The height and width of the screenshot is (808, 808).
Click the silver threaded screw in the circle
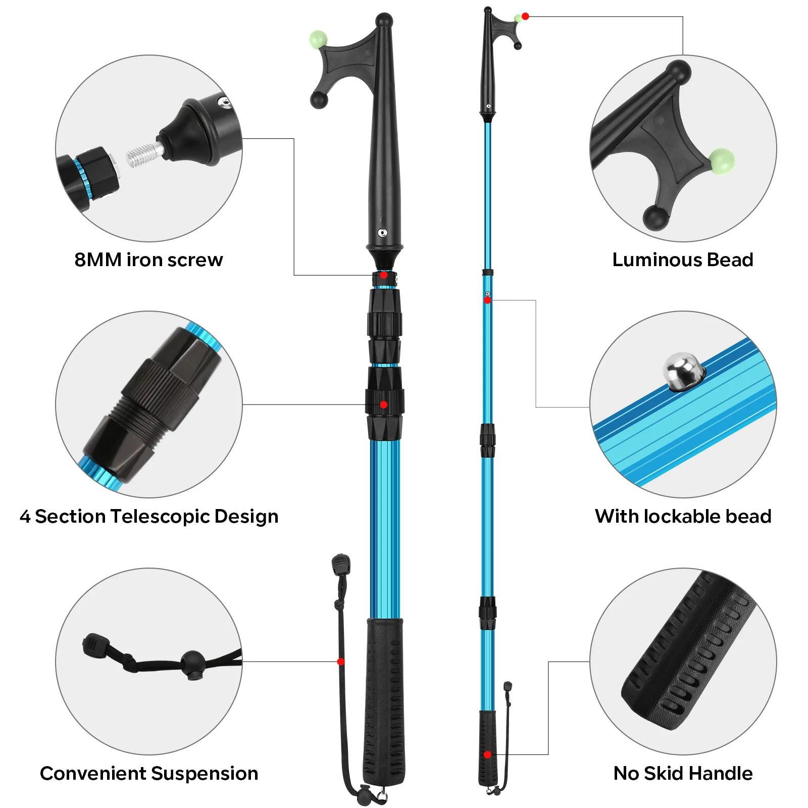(144, 155)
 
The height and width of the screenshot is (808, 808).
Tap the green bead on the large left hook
(318, 39)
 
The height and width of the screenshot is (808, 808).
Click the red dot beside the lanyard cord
(341, 662)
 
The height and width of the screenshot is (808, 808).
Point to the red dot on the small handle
(487, 754)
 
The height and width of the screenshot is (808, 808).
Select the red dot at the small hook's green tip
(525, 17)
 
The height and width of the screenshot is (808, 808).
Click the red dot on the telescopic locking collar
(384, 405)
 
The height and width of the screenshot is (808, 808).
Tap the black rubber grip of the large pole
(384, 702)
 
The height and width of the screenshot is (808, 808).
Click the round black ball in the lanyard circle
(193, 663)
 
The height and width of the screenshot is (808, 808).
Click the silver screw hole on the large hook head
(382, 233)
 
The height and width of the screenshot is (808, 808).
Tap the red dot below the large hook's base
(384, 275)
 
